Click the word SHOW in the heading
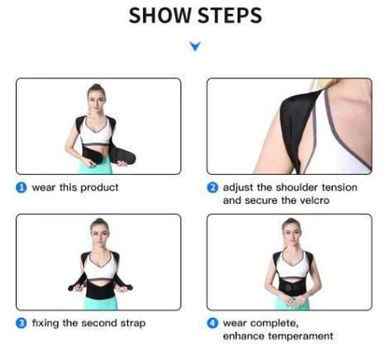coord(159,17)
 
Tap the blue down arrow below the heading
coord(194,44)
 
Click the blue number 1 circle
coord(21,187)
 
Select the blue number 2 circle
coord(212,187)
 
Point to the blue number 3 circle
coord(21,323)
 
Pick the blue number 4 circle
coord(212,323)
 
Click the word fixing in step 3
coord(44,323)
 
